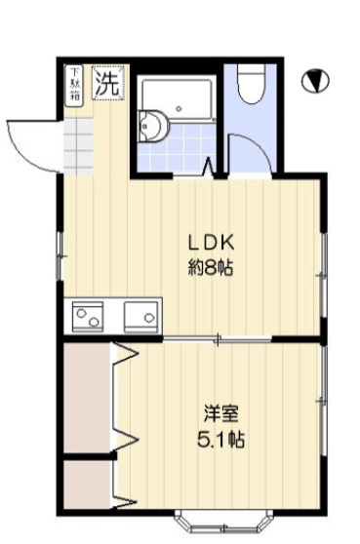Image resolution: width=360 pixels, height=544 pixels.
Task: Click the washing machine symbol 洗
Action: [x=107, y=82]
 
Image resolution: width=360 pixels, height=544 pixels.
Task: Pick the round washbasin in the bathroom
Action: [x=152, y=126]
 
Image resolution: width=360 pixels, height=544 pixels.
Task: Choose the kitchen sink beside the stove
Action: [x=140, y=317]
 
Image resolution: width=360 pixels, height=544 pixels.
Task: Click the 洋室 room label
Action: [x=216, y=413]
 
